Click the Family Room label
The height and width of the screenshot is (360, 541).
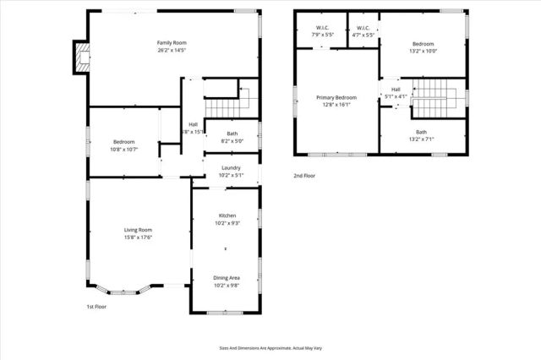[171, 43]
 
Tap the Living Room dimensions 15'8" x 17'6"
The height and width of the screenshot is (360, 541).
[138, 237]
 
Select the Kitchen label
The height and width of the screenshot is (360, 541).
[227, 215]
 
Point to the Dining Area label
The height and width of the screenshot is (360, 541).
[225, 278]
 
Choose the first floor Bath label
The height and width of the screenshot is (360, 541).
[232, 134]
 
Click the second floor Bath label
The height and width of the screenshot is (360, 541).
[421, 133]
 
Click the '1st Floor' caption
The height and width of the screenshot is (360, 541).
[96, 307]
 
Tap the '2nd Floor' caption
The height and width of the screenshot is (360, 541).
[304, 176]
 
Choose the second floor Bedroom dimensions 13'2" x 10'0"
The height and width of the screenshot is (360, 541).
[423, 50]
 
